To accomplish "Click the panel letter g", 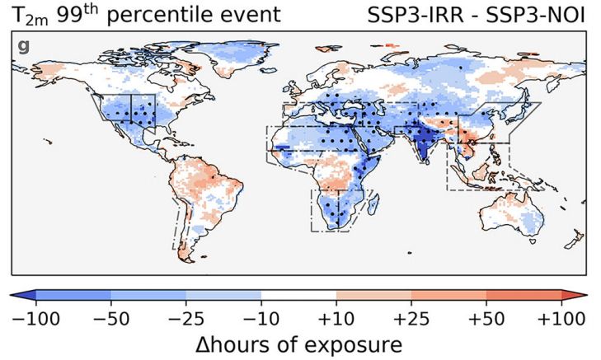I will [23, 45].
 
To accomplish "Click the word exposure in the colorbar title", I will [357, 344].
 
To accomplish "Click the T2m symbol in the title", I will [26, 15].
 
